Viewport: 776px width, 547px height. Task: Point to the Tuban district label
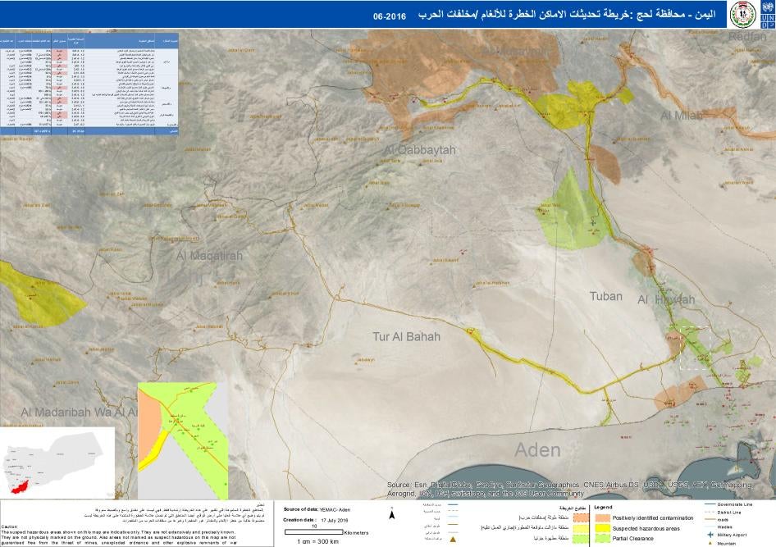pyautogui.click(x=606, y=296)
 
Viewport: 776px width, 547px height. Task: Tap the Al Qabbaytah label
pyautogui.click(x=419, y=150)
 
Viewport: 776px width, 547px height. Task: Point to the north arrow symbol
pyautogui.click(x=393, y=515)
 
